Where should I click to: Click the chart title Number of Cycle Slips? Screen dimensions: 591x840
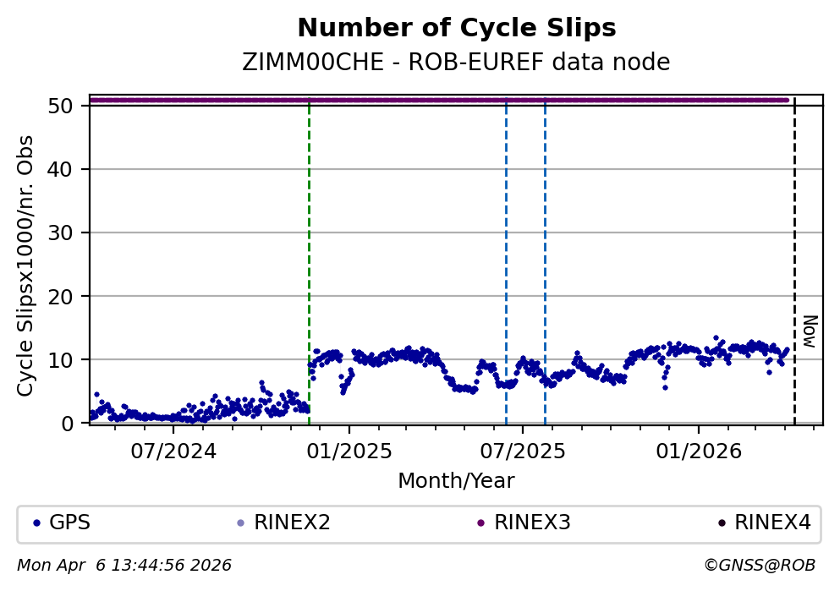point(456,28)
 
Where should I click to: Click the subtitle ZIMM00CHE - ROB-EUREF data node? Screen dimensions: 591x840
point(456,63)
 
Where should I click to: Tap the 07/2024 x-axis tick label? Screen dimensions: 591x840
point(173,451)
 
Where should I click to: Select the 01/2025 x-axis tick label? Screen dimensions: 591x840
point(349,451)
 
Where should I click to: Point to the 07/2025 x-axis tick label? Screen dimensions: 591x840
point(522,451)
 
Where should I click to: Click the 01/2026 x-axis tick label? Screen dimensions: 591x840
point(698,451)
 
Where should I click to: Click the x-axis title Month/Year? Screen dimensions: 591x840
point(456,481)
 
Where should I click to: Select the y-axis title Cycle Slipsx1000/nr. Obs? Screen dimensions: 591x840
point(26,265)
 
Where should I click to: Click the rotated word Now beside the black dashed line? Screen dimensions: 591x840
point(810,331)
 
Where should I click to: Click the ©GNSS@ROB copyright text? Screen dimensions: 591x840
point(760,565)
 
